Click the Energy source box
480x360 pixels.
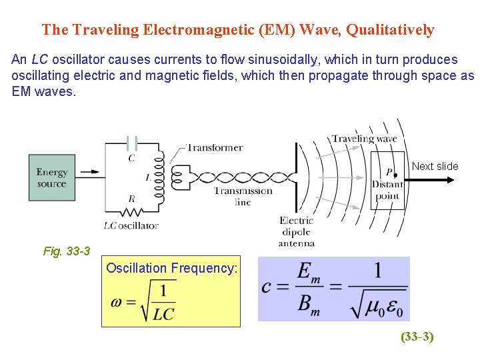[52, 177]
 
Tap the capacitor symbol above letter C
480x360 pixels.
[132, 143]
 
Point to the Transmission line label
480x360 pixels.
[243, 196]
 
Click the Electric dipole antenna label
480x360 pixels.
[296, 231]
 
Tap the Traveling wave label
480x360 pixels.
[364, 139]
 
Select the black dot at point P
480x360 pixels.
[395, 175]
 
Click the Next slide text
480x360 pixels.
[435, 166]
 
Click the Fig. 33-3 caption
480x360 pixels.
[67, 251]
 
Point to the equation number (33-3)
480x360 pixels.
[417, 337]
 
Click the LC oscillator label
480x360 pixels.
[131, 225]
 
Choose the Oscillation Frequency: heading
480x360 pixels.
[171, 268]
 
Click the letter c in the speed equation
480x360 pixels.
[268, 288]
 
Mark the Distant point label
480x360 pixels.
[387, 190]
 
